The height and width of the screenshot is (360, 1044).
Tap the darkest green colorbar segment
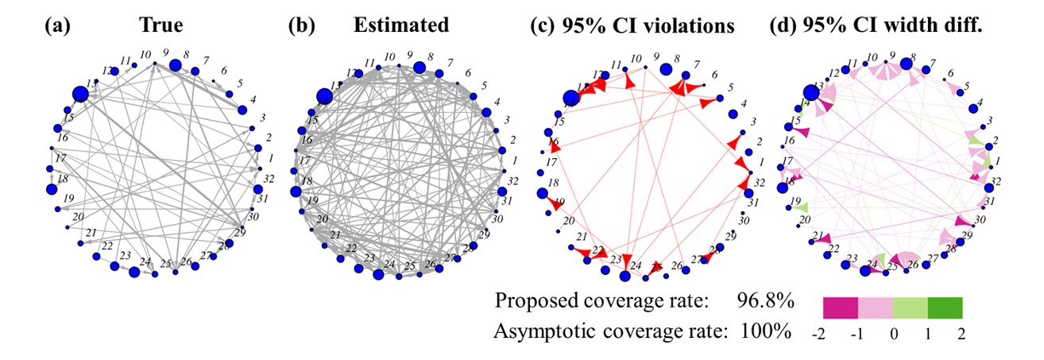945,307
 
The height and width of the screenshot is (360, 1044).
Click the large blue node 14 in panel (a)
80,95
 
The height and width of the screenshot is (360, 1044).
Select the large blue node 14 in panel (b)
323,97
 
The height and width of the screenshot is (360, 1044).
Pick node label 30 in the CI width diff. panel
982,218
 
